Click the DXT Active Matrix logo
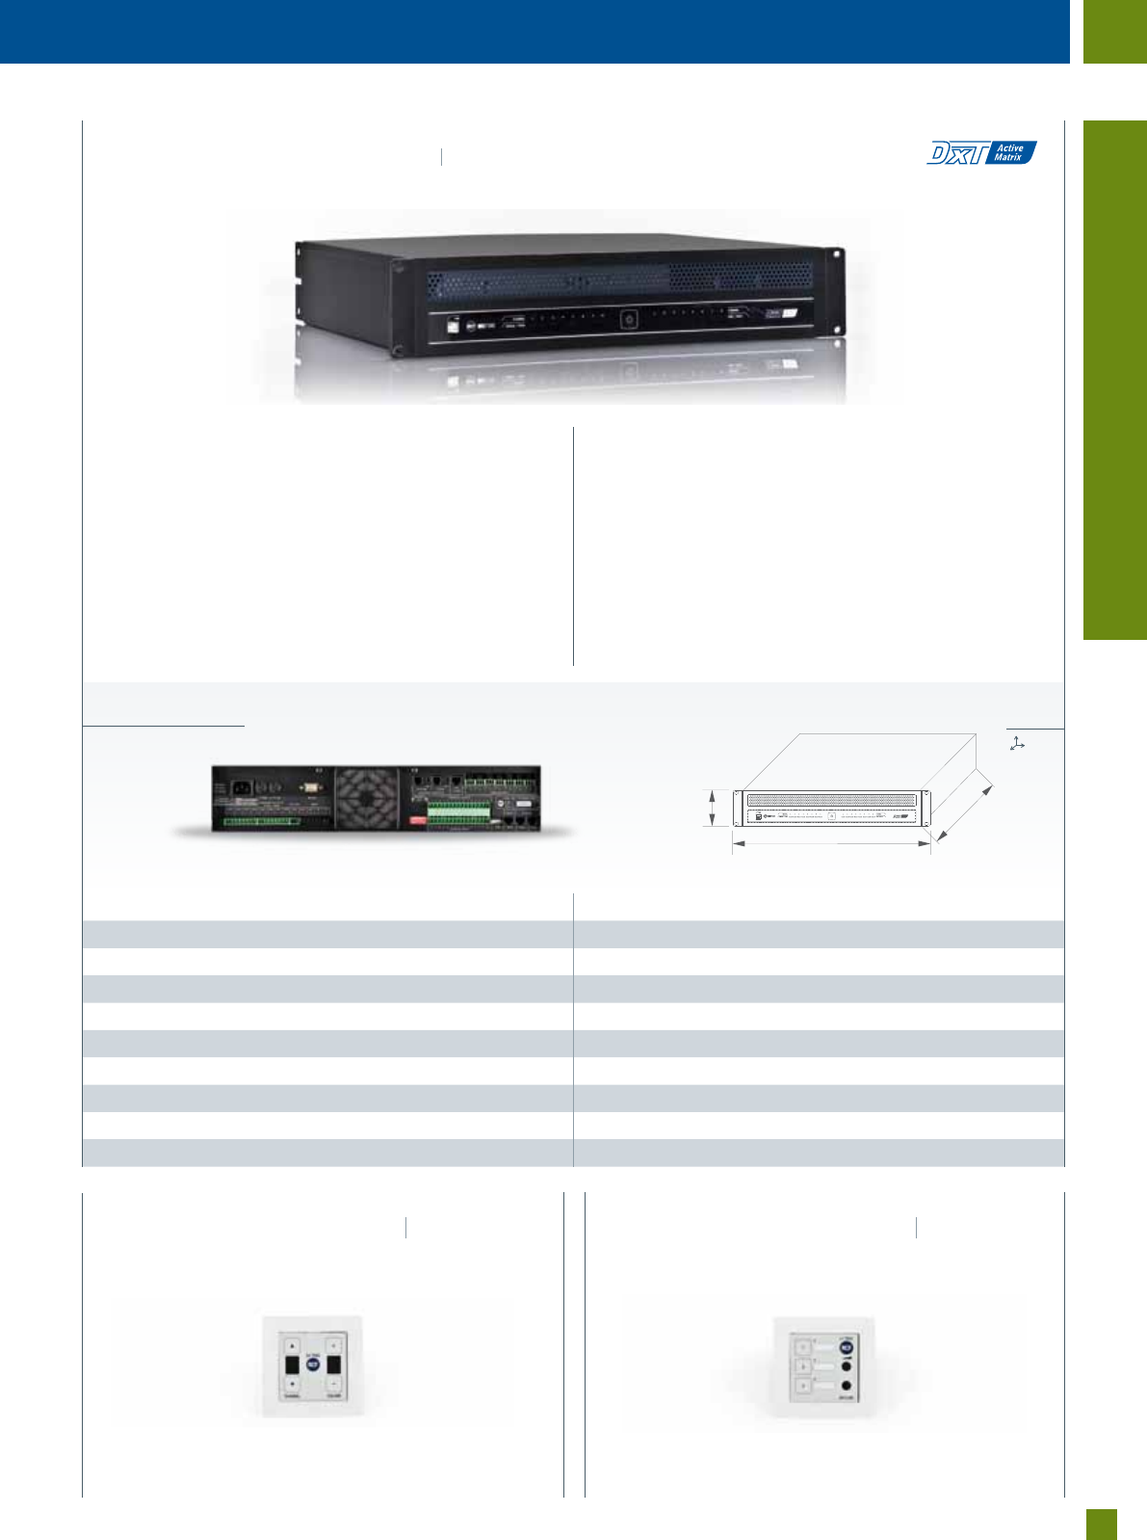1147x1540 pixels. click(981, 152)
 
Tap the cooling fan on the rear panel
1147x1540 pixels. click(366, 798)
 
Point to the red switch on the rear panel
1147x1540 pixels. click(418, 820)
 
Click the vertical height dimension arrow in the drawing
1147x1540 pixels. click(712, 808)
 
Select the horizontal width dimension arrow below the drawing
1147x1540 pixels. click(831, 843)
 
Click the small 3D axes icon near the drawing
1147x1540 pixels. click(1017, 743)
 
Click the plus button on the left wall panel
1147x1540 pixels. click(334, 1344)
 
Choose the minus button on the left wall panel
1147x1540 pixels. click(334, 1384)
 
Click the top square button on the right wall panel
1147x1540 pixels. click(801, 1347)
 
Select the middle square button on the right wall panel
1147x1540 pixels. click(801, 1367)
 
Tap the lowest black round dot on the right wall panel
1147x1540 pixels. click(847, 1385)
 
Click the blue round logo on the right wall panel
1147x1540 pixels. click(847, 1347)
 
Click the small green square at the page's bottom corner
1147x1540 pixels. click(1102, 1524)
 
